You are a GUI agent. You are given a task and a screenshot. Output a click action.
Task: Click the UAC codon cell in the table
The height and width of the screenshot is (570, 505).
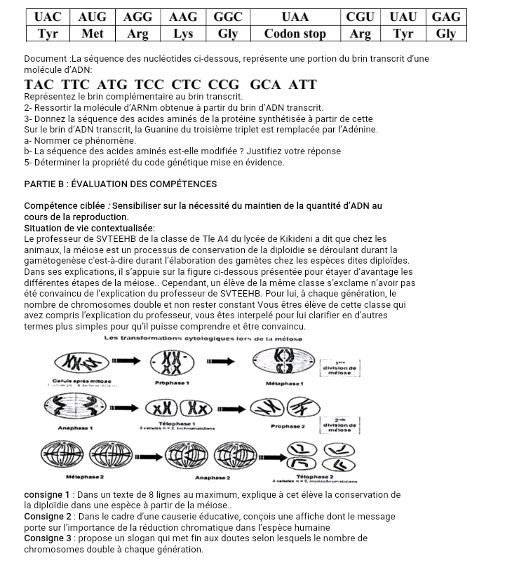click(48, 17)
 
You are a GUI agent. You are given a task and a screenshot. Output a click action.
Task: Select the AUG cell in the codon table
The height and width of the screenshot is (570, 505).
click(93, 17)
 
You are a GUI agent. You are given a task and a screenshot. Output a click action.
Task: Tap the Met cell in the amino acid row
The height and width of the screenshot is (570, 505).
click(93, 34)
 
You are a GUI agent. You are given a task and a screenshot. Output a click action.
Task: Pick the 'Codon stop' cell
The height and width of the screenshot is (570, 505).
click(295, 34)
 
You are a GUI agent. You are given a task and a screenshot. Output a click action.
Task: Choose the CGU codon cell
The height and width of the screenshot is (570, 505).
click(361, 17)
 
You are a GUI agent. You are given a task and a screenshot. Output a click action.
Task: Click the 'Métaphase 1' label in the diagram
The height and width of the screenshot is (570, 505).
click(285, 384)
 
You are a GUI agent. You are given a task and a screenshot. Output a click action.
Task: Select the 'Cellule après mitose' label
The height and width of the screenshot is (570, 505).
click(75, 379)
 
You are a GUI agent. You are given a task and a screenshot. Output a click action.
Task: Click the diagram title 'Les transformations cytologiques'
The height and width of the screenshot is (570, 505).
click(203, 339)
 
